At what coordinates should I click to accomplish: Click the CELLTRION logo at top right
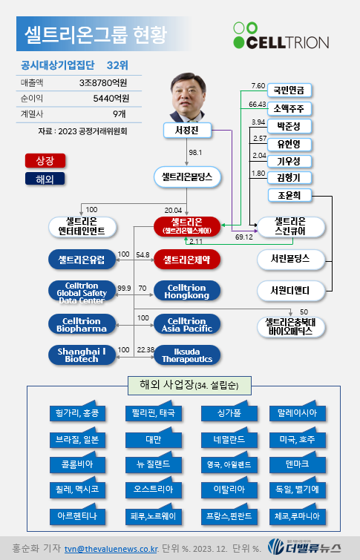click(x=281, y=36)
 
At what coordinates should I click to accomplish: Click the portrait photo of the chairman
click(x=187, y=97)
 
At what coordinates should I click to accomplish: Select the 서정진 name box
click(x=187, y=131)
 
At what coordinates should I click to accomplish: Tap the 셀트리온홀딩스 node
click(x=187, y=177)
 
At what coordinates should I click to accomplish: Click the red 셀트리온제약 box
click(x=186, y=260)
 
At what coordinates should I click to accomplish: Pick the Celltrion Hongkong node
click(x=186, y=291)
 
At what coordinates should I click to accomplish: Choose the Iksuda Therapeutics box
click(x=186, y=355)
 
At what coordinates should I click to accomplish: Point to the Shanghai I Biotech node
click(x=82, y=355)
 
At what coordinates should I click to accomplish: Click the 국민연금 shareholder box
click(x=289, y=90)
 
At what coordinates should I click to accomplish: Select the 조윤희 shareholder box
click(x=289, y=195)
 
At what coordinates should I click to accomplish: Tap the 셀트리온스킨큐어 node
click(x=290, y=226)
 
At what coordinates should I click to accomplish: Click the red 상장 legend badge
click(x=45, y=161)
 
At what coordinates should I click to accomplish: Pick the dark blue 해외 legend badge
click(x=45, y=179)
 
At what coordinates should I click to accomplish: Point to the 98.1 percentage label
click(x=195, y=153)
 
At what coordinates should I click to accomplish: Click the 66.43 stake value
click(x=257, y=105)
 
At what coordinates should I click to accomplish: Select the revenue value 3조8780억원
click(x=103, y=83)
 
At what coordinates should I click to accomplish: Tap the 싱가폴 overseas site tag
click(x=229, y=412)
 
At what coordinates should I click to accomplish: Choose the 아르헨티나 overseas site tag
click(x=77, y=515)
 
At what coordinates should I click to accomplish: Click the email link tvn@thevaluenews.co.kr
click(x=111, y=549)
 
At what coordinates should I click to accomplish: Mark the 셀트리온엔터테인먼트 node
click(x=82, y=226)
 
